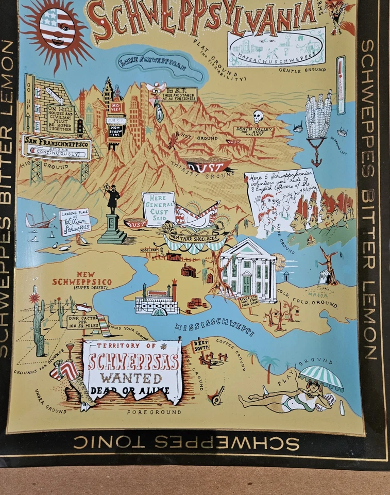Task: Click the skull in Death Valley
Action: tap(258, 117)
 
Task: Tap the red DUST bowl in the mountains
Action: tap(208, 166)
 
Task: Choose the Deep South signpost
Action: tap(200, 345)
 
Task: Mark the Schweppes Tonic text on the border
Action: tap(185, 442)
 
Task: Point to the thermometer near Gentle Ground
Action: tap(341, 85)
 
